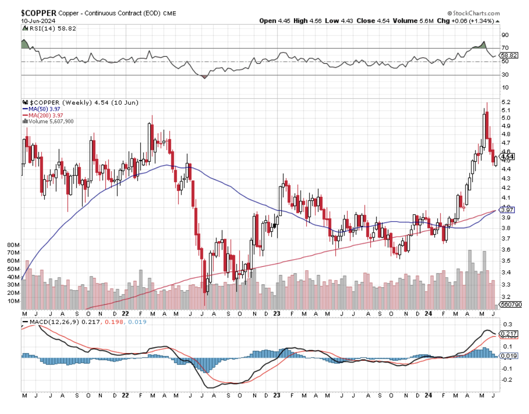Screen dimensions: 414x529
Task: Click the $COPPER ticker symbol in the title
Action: pos(38,13)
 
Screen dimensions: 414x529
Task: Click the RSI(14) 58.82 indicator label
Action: pos(45,29)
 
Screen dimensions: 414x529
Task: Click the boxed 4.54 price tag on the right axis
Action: pos(507,156)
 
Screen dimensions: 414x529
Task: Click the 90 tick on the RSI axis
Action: pos(505,35)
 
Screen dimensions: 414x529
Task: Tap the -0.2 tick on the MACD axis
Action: pos(507,380)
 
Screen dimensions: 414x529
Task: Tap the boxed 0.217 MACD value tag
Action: pos(508,333)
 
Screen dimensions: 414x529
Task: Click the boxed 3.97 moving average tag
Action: pos(507,210)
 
